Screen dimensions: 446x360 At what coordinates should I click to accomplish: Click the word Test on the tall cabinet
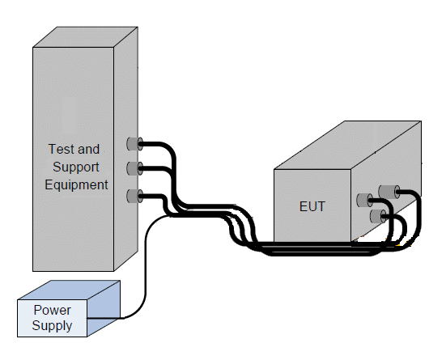60,149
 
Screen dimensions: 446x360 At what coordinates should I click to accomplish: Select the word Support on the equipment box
76,167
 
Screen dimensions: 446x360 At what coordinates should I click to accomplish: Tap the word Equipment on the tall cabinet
77,184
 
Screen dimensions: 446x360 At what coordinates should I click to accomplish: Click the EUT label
312,207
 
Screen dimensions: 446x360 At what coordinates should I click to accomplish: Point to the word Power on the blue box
53,310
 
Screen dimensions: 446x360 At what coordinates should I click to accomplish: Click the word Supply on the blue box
52,325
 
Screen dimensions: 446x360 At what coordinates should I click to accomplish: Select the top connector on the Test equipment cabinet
135,144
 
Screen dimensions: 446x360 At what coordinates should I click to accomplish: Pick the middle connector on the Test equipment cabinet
135,168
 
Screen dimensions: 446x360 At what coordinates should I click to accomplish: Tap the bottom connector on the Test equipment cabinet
135,196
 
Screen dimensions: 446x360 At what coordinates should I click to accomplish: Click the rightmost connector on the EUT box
389,192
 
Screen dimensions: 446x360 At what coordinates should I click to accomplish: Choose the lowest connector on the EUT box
379,216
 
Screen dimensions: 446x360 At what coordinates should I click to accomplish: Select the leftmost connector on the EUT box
364,200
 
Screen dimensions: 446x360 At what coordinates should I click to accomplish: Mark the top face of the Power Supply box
69,290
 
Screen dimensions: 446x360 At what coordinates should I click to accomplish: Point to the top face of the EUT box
347,145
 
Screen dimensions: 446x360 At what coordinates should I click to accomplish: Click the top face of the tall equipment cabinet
86,37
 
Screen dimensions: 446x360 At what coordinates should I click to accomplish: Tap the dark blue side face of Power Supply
104,308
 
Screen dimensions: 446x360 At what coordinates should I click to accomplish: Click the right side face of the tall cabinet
126,149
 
